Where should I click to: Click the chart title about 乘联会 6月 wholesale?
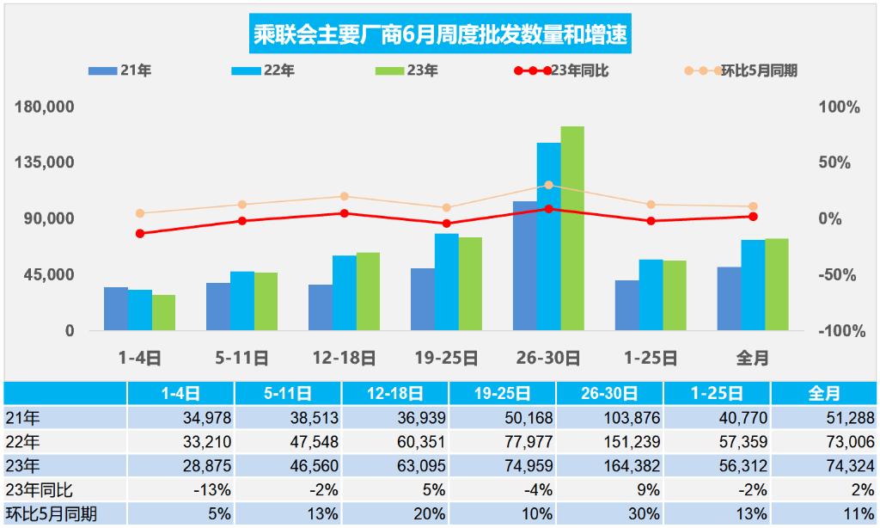tap(439, 35)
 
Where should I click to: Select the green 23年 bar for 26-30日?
tap(572, 229)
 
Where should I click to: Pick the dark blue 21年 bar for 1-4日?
tap(116, 309)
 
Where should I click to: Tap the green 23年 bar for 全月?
tap(777, 285)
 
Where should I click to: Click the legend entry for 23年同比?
tap(563, 71)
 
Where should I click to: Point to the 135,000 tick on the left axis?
tap(52, 163)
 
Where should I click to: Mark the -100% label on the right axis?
tap(837, 331)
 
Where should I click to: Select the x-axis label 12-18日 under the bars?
tap(344, 359)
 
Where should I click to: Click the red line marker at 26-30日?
tap(548, 209)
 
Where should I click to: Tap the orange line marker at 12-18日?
tap(344, 197)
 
